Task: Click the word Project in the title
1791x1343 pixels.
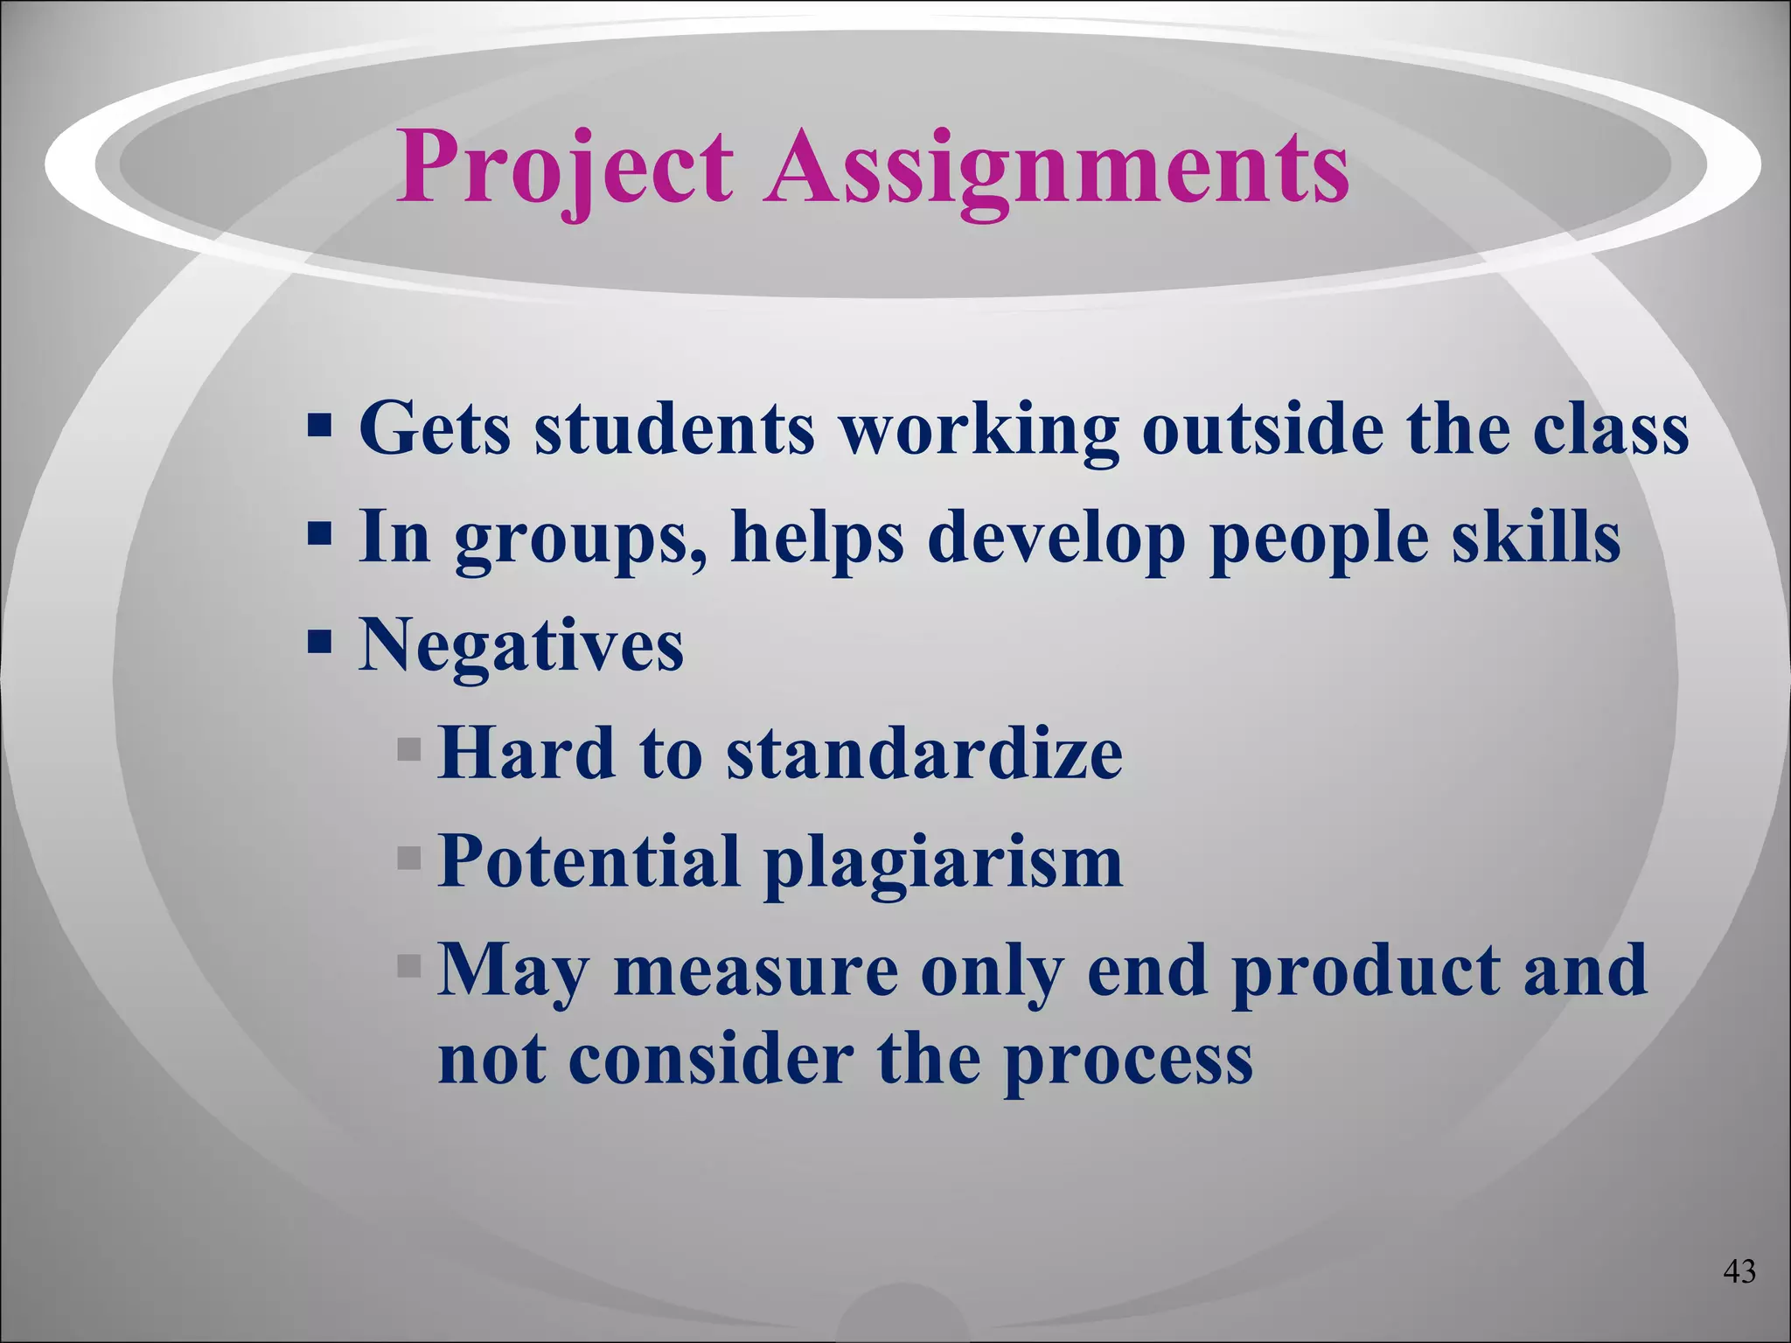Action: (565, 168)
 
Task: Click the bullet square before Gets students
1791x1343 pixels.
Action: (320, 427)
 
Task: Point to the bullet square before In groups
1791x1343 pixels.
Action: (320, 535)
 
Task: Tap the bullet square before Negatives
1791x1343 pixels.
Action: (320, 644)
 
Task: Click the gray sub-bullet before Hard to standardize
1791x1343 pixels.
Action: (408, 750)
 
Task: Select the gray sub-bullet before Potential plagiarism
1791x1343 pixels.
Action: (408, 859)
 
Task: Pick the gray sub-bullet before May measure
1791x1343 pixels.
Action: (408, 966)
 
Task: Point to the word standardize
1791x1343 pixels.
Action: (924, 754)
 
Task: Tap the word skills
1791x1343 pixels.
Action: (1537, 537)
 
